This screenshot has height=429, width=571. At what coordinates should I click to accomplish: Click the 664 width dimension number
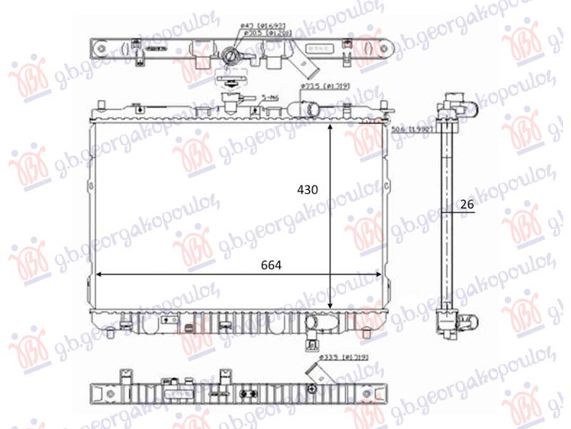point(271,265)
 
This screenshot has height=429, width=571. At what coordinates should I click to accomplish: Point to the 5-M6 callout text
point(270,95)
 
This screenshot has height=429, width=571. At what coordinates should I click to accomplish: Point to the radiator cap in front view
point(230,101)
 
